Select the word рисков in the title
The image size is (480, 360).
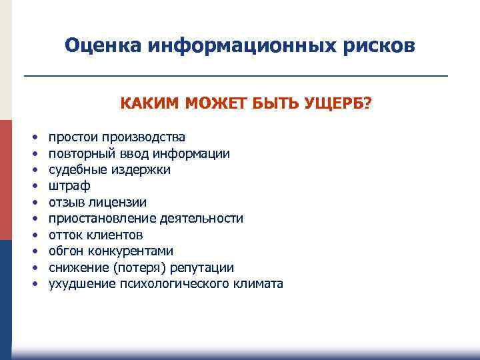(x=381, y=46)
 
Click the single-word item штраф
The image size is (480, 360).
(x=69, y=186)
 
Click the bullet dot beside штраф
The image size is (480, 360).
(x=32, y=187)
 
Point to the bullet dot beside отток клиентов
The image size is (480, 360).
(x=32, y=235)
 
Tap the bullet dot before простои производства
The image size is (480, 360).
(x=32, y=138)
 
